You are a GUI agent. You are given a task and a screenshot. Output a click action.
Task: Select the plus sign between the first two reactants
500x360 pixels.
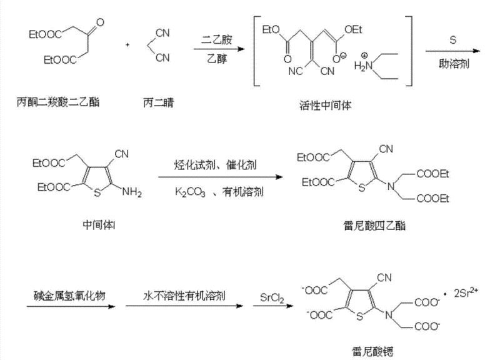[x=128, y=45]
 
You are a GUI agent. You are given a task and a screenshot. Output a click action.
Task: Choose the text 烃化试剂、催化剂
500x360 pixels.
[x=218, y=166]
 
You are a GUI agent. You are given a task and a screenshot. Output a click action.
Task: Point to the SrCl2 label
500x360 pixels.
[x=273, y=294]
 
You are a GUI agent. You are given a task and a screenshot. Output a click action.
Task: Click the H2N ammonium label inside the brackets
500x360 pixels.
[x=361, y=65]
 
